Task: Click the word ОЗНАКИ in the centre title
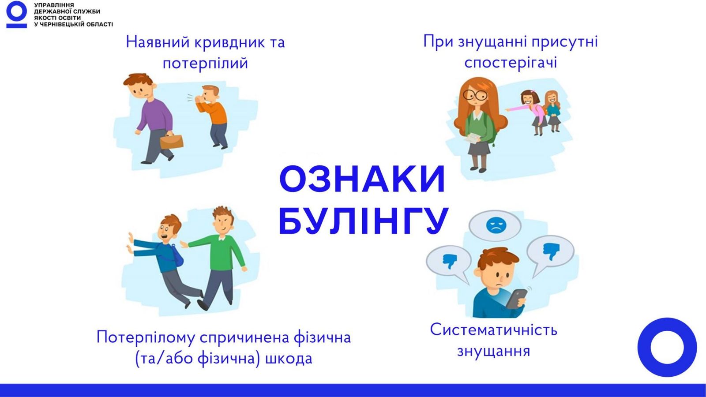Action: pyautogui.click(x=362, y=179)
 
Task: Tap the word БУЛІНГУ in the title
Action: pyautogui.click(x=364, y=221)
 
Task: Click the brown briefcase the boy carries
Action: pyautogui.click(x=172, y=142)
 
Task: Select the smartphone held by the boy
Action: pyautogui.click(x=516, y=299)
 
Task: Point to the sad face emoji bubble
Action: pyautogui.click(x=495, y=225)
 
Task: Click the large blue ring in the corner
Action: pyautogui.click(x=667, y=347)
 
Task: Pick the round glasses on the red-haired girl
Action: pyautogui.click(x=474, y=94)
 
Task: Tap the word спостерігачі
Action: pyautogui.click(x=511, y=62)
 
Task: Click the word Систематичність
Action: pyautogui.click(x=494, y=330)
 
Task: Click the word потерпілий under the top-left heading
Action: pyautogui.click(x=205, y=63)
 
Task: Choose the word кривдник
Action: pyautogui.click(x=229, y=42)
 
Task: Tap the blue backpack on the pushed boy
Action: pyautogui.click(x=174, y=256)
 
